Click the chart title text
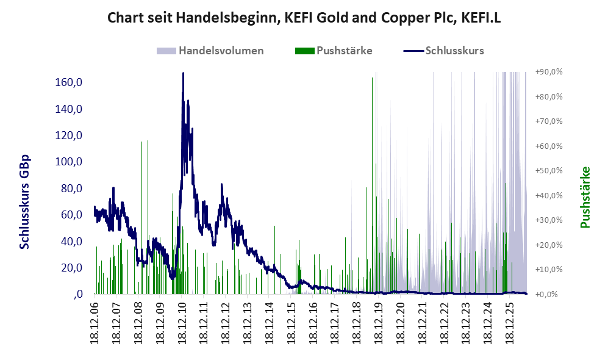(304, 18)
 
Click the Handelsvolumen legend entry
(210, 51)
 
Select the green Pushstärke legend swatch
(305, 51)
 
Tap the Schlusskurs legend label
(454, 51)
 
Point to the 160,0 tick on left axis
(69, 82)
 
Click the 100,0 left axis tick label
(69, 162)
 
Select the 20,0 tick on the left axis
(71, 268)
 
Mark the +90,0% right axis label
(549, 72)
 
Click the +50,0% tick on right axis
(549, 171)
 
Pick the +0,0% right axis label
(547, 295)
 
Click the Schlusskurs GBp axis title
(24, 202)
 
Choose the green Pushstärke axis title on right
(585, 197)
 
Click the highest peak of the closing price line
(183, 73)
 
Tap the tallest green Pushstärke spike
(372, 186)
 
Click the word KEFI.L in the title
(481, 18)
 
